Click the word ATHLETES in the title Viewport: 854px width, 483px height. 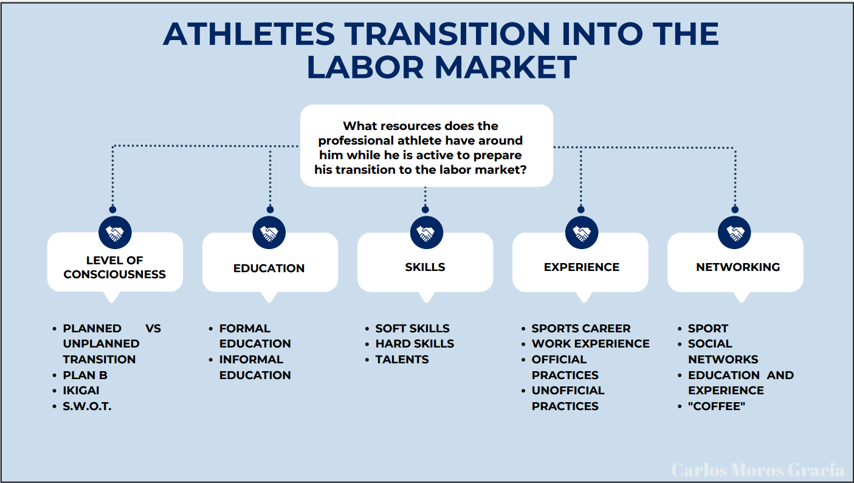pos(249,34)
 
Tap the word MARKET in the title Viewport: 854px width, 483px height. pos(506,67)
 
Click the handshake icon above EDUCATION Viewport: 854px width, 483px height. pos(269,233)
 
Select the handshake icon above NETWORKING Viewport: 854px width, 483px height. pos(734,233)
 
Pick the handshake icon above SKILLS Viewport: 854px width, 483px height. pos(427,233)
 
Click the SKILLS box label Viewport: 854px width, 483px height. pos(425,267)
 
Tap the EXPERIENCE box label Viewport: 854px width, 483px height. pos(582,267)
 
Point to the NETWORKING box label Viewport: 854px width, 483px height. pos(738,267)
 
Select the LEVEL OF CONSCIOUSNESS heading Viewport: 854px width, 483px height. pos(115,267)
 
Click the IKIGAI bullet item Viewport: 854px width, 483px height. pos(81,391)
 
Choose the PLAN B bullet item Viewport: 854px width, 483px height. pos(85,375)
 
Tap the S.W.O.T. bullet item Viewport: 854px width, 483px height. pos(87,406)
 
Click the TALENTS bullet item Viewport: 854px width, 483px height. pos(402,360)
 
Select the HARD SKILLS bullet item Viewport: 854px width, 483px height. pos(415,344)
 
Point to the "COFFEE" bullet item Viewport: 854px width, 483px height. pos(717,406)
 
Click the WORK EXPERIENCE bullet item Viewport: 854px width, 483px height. pos(591,344)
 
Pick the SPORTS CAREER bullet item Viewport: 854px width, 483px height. pos(581,329)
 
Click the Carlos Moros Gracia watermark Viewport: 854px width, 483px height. pos(758,470)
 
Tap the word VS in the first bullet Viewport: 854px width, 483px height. pos(153,329)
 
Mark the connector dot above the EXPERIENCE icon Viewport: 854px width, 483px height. pos(581,210)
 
